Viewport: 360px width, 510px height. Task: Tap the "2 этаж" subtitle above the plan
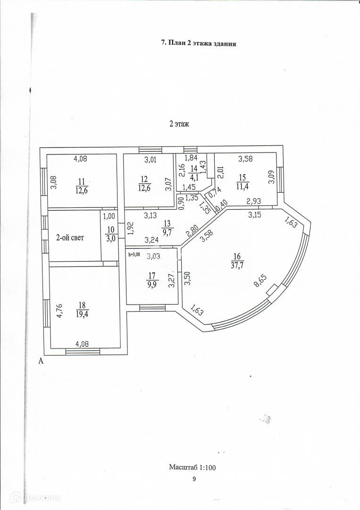pos(179,125)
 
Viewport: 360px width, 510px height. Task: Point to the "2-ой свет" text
pos(70,238)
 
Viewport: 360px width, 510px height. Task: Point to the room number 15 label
pos(243,177)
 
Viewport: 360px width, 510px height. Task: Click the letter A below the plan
pos(41,361)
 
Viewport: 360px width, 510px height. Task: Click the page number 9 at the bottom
pos(193,479)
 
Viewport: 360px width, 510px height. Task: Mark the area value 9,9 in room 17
pos(152,284)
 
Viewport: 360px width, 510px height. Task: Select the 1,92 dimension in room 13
pos(130,229)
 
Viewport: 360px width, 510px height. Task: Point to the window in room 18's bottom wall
pos(83,351)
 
